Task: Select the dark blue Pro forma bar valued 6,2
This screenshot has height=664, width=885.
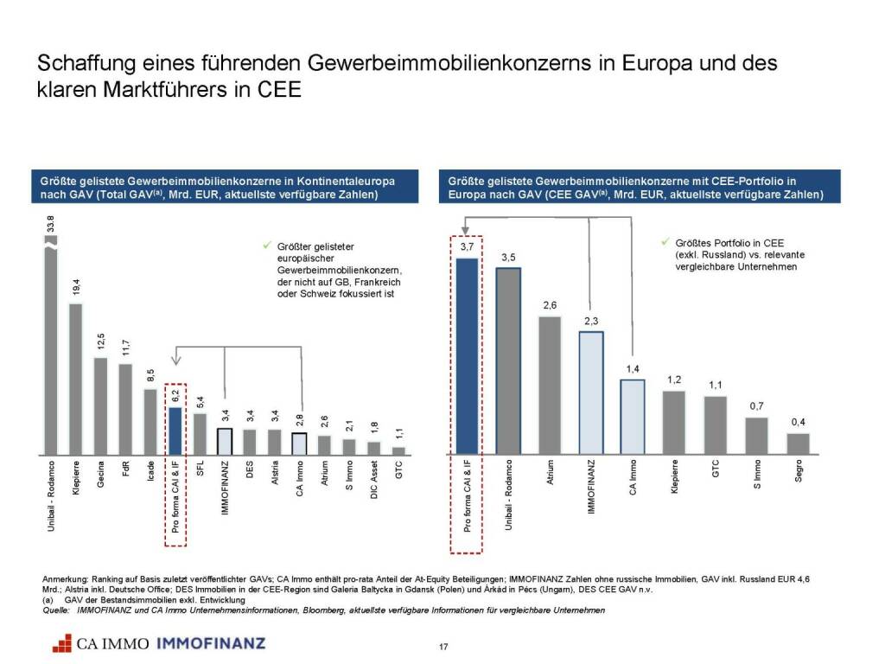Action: [x=175, y=431]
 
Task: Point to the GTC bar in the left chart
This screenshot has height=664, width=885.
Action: [x=398, y=450]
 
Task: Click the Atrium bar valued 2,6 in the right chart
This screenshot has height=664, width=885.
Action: [x=550, y=385]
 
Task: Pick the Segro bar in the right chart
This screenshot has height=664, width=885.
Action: [x=798, y=443]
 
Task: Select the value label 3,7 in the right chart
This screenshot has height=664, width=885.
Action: [x=467, y=247]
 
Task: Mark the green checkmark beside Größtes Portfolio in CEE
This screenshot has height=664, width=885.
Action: [x=664, y=243]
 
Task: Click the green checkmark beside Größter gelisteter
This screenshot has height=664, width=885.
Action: [x=267, y=246]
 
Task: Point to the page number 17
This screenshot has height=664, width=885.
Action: [x=442, y=648]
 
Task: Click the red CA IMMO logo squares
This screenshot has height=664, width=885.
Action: [x=61, y=642]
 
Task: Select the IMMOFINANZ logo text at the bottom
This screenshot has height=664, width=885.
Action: [x=211, y=643]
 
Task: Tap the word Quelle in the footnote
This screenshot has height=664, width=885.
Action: [x=56, y=610]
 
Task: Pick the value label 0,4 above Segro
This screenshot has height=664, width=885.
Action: [x=798, y=423]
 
